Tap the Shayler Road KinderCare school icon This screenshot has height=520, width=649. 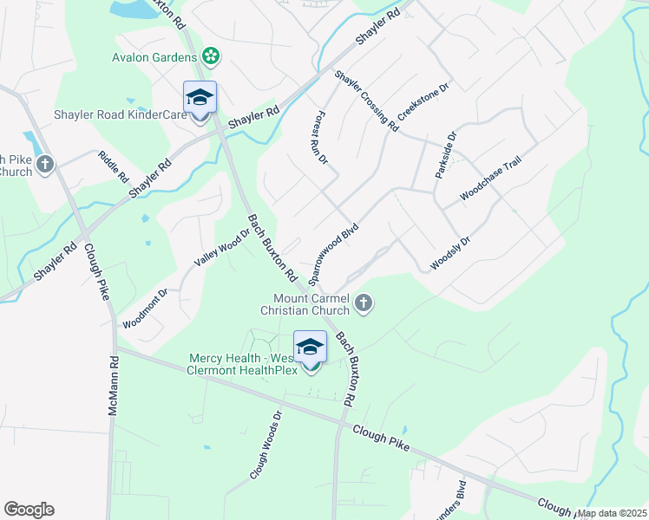click(200, 98)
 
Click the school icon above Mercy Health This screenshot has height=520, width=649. click(310, 348)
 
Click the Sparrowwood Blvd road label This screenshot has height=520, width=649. click(332, 252)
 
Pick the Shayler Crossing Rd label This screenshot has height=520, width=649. click(366, 101)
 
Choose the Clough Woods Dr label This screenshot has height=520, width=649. click(265, 445)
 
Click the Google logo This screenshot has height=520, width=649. click(29, 510)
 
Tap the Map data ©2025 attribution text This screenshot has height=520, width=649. click(612, 513)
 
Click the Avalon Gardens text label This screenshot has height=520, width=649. click(156, 58)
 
